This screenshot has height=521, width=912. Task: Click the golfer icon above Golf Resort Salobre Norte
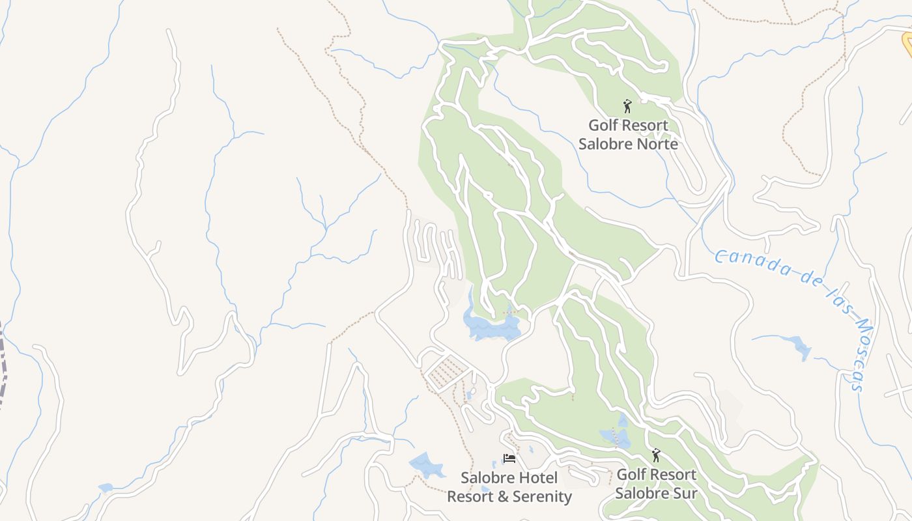tap(627, 106)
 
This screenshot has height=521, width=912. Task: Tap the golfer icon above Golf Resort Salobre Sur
tap(656, 455)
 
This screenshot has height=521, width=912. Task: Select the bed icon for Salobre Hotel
tap(509, 458)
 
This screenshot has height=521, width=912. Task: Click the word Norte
tap(655, 144)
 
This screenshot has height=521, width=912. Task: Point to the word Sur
tap(684, 493)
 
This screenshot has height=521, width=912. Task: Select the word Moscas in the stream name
tap(861, 356)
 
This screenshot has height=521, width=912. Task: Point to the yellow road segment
tap(907, 43)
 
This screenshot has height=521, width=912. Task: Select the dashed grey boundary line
tap(4, 365)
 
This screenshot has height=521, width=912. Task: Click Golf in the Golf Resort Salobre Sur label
tap(630, 474)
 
